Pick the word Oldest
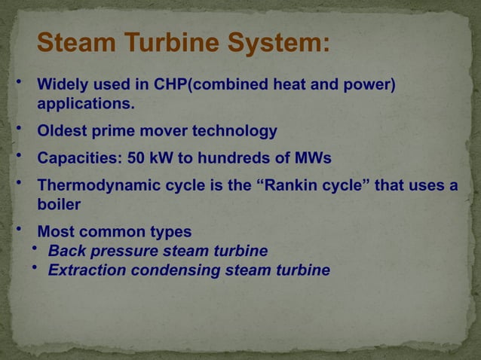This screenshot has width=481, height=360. (x=63, y=132)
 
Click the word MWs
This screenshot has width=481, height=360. (x=311, y=159)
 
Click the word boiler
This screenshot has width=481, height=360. (x=59, y=204)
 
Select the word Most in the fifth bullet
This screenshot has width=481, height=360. (x=55, y=231)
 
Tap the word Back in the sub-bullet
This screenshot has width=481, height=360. (x=66, y=250)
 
